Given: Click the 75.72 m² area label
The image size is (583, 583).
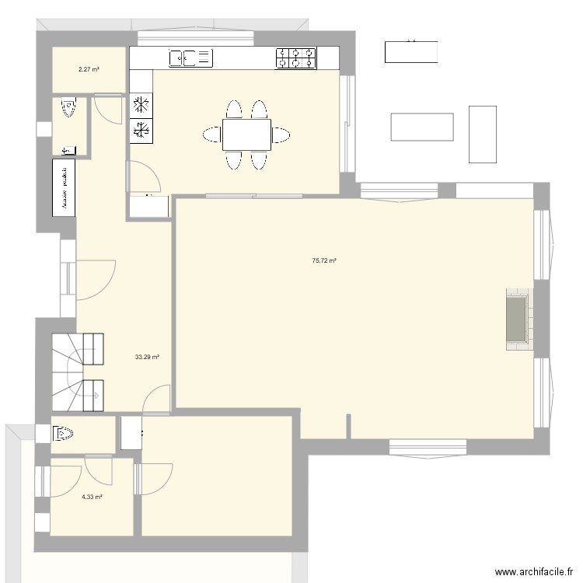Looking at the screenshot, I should click(323, 261).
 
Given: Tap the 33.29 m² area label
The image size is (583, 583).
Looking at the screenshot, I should click(147, 358).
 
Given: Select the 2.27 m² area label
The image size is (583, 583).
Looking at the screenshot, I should click(89, 70).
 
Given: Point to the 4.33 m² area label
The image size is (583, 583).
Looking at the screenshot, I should click(92, 497).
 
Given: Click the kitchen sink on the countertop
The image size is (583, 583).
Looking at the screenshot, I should click(190, 57).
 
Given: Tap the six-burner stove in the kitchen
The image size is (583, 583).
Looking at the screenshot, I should click(296, 57).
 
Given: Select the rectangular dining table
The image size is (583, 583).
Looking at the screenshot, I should click(246, 134).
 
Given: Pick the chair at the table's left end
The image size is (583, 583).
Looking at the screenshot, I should click(212, 134).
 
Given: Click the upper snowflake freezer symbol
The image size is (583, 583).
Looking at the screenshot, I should click(141, 105).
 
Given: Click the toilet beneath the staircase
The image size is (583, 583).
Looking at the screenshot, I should click(62, 435).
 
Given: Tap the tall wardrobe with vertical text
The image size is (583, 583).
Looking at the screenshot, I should click(64, 185).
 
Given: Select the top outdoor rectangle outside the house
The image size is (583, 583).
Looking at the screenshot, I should click(410, 51).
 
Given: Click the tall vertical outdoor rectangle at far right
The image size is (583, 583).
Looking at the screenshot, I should click(482, 134).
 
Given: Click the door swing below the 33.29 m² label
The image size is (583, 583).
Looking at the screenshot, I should click(158, 398).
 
